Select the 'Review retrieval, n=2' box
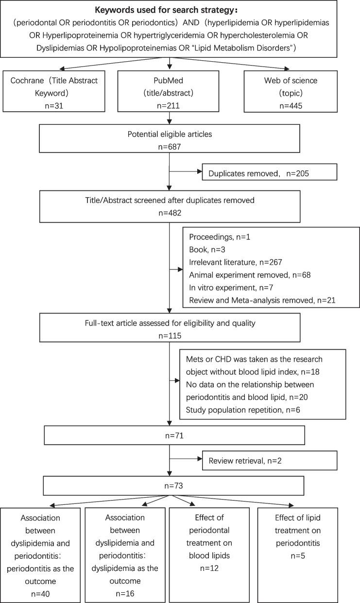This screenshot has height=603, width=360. pyautogui.click(x=270, y=460)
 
